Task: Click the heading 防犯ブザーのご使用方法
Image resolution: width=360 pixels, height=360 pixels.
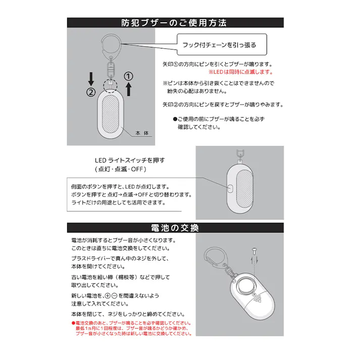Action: point(174,23)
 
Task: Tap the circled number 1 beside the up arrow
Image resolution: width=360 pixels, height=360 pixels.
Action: point(129,75)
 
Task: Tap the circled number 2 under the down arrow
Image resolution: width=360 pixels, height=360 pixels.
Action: point(91,92)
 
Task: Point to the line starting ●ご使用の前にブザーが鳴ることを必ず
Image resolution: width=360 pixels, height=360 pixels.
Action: point(219,119)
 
